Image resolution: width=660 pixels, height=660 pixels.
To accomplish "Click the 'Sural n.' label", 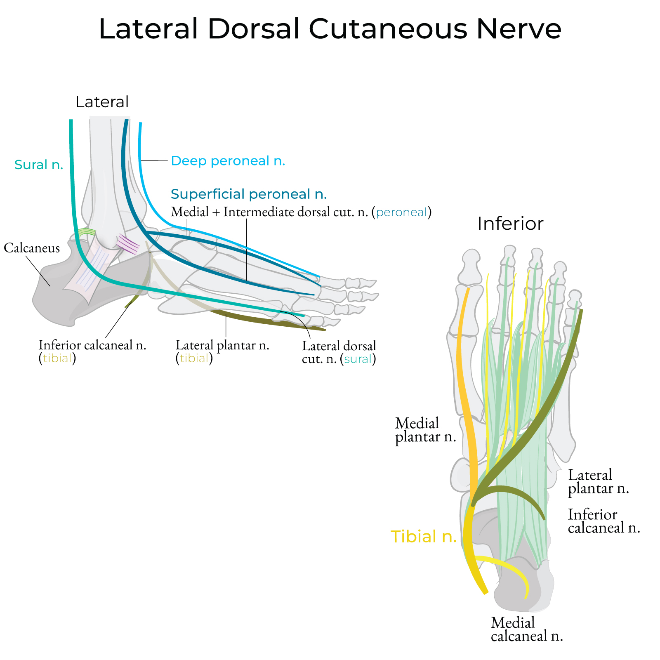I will [x=39, y=165].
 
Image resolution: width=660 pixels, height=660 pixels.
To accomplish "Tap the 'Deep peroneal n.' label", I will [x=228, y=161].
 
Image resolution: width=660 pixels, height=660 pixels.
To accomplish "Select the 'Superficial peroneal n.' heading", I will [x=249, y=194].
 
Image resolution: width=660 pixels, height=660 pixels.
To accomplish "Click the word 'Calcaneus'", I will [x=32, y=248].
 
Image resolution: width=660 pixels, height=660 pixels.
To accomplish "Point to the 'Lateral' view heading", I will [x=102, y=102].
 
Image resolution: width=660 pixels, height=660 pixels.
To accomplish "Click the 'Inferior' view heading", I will [x=510, y=224].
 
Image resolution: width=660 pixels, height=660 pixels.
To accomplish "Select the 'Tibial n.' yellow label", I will [x=424, y=536].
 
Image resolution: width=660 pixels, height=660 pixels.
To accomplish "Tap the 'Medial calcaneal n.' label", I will [x=527, y=629].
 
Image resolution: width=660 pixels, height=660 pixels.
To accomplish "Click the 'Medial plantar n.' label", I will [x=425, y=430].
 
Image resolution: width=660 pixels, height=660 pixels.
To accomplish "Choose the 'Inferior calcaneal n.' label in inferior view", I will [x=603, y=521].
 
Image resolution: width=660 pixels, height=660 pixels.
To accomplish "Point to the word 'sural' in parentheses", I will [x=358, y=359].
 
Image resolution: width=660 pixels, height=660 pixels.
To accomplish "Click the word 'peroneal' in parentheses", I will [x=401, y=212].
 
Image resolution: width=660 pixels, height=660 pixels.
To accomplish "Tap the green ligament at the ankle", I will [x=87, y=232].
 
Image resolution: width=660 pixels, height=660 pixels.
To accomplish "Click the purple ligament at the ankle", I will [x=128, y=245].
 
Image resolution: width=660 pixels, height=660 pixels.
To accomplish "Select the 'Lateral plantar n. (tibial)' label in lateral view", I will [x=222, y=351].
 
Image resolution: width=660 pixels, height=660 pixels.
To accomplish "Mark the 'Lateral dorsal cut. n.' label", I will [x=339, y=352].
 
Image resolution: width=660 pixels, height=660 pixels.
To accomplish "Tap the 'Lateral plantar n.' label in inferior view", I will [x=598, y=481].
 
